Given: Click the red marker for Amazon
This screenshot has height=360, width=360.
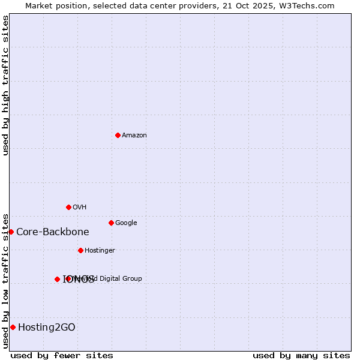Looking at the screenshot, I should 118,135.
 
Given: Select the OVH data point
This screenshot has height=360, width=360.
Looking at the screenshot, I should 68,207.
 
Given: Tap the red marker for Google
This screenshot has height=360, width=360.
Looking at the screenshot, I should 111,223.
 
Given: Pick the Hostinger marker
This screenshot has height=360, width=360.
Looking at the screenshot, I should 80,250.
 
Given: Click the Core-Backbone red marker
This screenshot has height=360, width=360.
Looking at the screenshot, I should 11,232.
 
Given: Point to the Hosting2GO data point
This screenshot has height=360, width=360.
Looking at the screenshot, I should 13,327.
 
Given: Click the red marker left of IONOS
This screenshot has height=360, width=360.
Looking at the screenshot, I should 57,279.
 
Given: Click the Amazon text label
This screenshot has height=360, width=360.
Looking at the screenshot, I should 134,135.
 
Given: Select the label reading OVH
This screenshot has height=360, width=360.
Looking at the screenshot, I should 80,207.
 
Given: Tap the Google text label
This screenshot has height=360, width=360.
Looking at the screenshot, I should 126,223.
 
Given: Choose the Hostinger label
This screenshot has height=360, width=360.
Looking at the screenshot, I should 100,250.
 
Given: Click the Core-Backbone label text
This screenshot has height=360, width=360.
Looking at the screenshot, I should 53,232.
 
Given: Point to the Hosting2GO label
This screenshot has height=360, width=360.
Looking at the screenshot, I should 47,327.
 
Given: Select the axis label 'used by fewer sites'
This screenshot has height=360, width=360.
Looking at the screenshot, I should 62,355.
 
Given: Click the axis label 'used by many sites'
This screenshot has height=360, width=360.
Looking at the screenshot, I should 301,355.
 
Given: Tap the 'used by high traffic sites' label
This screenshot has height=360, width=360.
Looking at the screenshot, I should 5,85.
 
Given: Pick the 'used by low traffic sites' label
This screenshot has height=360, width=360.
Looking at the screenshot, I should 5,280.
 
